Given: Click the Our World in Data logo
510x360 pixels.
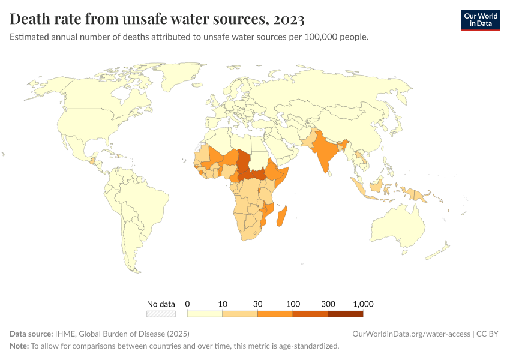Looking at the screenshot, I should (480, 20).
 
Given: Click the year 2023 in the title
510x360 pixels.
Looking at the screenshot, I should (289, 19).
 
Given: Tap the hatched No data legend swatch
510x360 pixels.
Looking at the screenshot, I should (161, 313).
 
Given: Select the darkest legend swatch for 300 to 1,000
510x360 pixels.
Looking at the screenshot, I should (346, 313).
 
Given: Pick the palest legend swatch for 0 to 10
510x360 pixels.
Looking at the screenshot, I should (205, 313).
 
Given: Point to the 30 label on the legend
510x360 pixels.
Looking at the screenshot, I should (258, 304).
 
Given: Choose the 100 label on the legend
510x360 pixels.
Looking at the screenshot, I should (293, 304).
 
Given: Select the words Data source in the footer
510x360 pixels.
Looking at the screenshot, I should (31, 334).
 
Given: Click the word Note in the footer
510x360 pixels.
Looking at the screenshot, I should (19, 346).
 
